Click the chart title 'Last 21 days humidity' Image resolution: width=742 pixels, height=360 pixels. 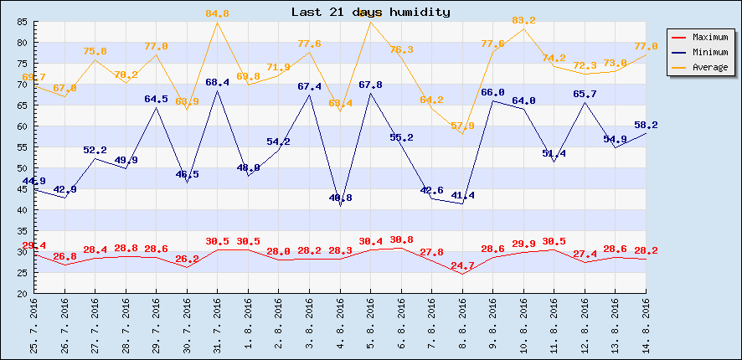[x=370, y=12]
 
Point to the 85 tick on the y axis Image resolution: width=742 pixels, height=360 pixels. [x=23, y=22]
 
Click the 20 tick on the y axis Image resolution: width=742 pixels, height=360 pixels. [x=23, y=294]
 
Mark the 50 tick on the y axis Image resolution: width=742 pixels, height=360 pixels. [x=23, y=168]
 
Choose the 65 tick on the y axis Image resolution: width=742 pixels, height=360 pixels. [x=23, y=105]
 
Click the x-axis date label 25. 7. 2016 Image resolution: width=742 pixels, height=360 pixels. [x=34, y=327]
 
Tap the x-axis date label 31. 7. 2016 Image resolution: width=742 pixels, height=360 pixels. [x=218, y=327]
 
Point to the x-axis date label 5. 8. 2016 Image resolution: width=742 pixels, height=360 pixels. [x=371, y=327]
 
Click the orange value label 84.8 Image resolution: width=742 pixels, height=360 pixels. [x=217, y=13]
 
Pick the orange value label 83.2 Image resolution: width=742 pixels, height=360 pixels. [x=523, y=20]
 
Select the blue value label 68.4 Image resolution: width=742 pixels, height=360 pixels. [x=217, y=82]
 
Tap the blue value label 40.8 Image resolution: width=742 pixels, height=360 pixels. [x=340, y=198]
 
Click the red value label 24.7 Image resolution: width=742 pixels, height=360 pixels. [x=462, y=265]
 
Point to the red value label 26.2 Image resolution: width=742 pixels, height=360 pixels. [x=187, y=259]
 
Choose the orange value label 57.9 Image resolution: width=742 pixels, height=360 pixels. [x=462, y=126]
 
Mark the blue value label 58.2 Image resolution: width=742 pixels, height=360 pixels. [x=646, y=125]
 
